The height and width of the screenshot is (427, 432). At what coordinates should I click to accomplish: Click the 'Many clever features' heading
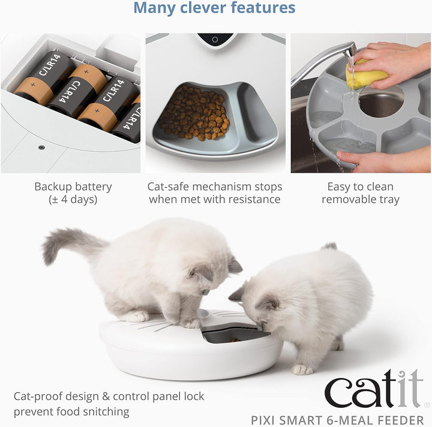click(214, 8)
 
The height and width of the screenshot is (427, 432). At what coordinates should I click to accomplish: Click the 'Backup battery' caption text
click(73, 187)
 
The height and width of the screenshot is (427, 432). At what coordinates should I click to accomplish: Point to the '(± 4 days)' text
click(73, 200)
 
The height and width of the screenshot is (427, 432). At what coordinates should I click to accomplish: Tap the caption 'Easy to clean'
click(360, 187)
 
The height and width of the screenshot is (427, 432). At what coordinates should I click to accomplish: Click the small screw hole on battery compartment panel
click(41, 146)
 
